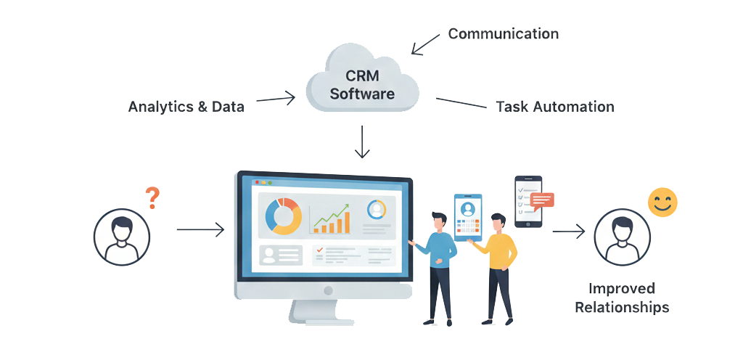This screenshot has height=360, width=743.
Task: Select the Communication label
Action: (x=503, y=34)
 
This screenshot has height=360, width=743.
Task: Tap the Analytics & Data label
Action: (x=186, y=107)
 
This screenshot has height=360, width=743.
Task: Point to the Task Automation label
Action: (x=554, y=107)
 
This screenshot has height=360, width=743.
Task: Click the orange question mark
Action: (x=152, y=197)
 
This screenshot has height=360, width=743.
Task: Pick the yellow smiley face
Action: (x=662, y=202)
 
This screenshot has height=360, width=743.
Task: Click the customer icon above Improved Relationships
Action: (x=621, y=237)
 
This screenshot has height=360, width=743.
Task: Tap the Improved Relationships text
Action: (x=622, y=298)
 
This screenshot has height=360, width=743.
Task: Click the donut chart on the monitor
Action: (x=284, y=216)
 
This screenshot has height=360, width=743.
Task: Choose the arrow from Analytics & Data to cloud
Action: (x=276, y=99)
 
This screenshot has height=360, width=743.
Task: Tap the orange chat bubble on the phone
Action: (x=541, y=200)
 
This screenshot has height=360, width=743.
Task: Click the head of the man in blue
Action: (x=438, y=221)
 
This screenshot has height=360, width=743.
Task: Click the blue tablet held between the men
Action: (x=468, y=216)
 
